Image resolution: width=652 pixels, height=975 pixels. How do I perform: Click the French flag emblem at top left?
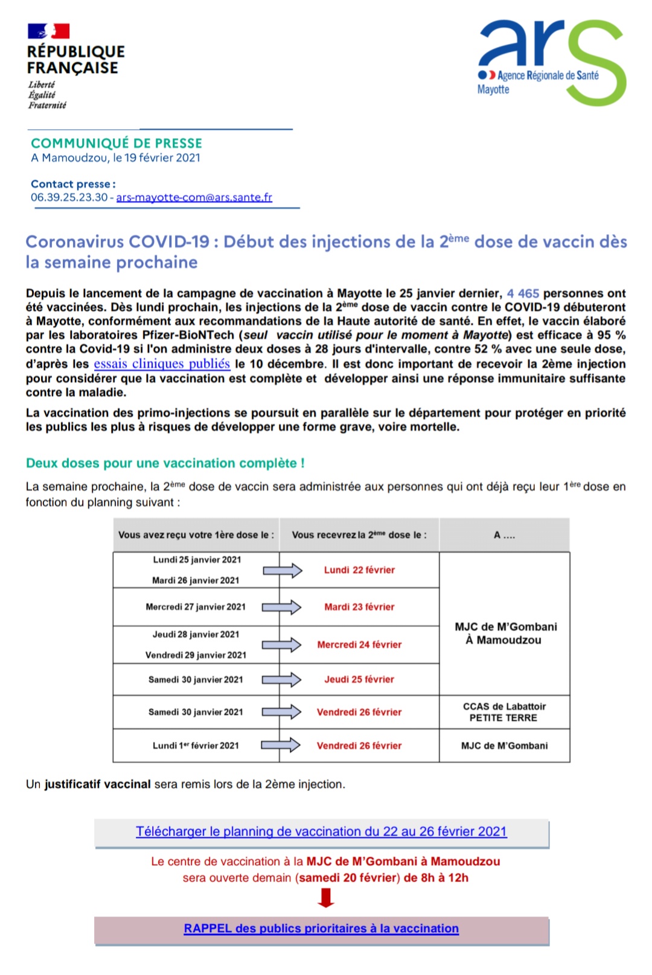coord(49,31)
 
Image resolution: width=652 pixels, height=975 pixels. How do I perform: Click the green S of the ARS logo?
coord(595,66)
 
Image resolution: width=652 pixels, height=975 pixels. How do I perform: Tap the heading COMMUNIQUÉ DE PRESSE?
coord(117,144)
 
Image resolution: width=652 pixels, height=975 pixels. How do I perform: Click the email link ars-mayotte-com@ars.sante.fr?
coord(194,197)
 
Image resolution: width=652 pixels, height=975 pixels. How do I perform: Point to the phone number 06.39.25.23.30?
coord(69,197)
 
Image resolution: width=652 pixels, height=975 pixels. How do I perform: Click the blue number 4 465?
coord(523,294)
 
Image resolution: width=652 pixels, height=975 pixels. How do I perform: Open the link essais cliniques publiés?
coord(162,364)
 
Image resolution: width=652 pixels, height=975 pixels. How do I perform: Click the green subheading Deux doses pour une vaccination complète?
coord(165,463)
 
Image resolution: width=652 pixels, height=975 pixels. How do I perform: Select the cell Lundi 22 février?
coord(359,570)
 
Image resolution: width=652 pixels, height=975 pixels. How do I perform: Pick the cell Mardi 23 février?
coord(359,607)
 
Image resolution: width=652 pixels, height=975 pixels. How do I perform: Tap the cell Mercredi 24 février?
coord(359,644)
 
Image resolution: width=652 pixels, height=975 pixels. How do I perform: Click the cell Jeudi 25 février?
coord(359,679)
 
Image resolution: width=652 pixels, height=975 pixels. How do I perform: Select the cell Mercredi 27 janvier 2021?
coord(196,607)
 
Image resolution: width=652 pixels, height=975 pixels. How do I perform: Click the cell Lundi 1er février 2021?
coord(196,746)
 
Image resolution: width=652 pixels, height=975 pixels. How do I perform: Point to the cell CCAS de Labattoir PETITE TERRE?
coord(504,712)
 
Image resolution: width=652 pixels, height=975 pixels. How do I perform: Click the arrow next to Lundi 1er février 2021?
coord(281,745)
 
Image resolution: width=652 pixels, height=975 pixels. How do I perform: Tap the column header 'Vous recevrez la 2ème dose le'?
coord(359,535)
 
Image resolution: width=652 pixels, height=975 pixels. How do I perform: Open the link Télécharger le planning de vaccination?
coord(321,831)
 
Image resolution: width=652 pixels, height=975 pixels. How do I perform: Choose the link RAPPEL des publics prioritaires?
coord(321,929)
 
